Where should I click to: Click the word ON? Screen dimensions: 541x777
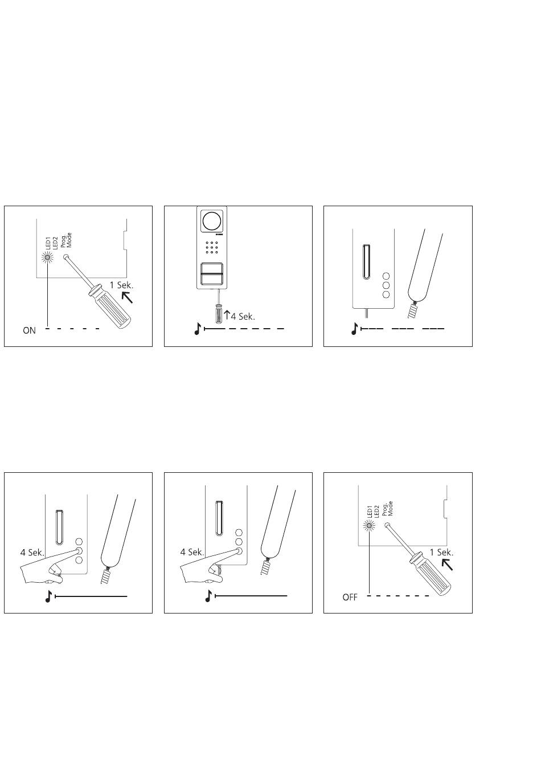click(29, 330)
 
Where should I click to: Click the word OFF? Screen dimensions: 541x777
click(350, 598)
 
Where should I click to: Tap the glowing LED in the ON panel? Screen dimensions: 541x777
click(47, 257)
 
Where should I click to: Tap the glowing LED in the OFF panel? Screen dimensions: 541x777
click(368, 526)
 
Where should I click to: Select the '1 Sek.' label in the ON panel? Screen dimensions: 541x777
click(121, 285)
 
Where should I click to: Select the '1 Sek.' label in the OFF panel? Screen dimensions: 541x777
click(441, 552)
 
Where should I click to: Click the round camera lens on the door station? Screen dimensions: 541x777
click(211, 220)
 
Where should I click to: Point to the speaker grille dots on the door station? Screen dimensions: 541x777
click(211, 247)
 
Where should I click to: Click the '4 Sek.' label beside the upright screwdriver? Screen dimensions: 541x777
click(243, 316)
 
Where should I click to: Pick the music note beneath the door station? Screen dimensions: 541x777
click(198, 329)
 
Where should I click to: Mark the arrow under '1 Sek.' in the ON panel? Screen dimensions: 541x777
click(127, 297)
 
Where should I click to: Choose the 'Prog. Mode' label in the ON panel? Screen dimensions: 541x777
click(66, 240)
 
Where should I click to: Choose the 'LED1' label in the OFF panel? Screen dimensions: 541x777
click(369, 512)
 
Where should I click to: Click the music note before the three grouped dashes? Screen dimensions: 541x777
click(354, 329)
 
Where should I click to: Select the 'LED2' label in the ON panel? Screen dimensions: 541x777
click(55, 243)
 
